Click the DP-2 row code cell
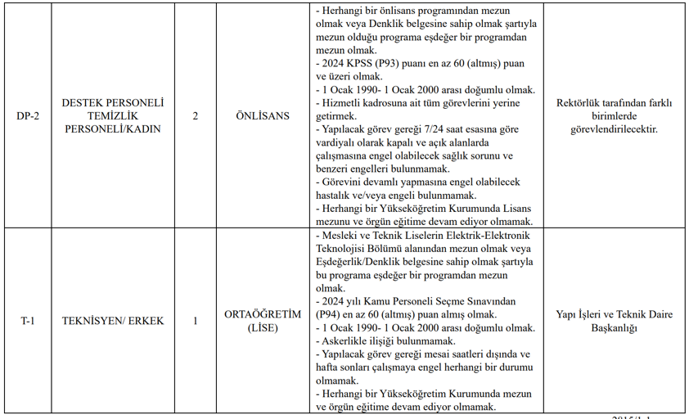coord(29,116)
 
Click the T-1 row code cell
coord(29,321)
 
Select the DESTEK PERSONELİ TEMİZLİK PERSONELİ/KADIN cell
coord(113,116)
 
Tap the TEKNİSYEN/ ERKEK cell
coord(113,321)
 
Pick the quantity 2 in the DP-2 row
coord(195,116)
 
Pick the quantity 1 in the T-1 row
coord(195,321)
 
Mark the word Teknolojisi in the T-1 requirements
coord(344,249)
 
